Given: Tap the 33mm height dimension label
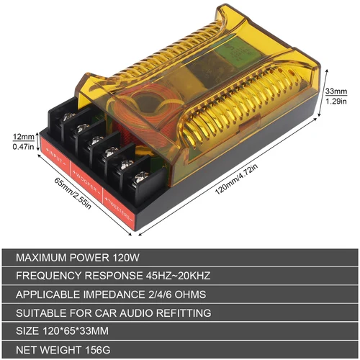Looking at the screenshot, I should (336, 92).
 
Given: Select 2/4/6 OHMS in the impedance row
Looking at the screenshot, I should (177, 294).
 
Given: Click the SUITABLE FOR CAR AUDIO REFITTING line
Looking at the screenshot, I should (114, 313).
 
